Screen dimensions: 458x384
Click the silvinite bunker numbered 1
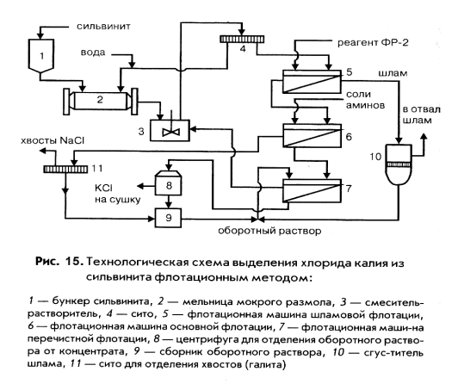[41, 55]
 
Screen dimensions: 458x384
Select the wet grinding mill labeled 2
[101, 101]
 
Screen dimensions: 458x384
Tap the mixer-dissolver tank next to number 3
[170, 130]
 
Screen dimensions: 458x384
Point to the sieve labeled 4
[242, 39]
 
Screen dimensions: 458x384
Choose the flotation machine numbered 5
[312, 82]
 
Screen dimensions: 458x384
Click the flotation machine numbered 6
[312, 135]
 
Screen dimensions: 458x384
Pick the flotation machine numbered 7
[312, 190]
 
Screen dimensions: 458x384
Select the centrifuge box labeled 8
[168, 183]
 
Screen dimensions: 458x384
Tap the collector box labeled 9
[168, 218]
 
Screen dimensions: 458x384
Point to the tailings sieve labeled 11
[65, 169]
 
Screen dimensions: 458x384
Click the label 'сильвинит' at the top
[103, 27]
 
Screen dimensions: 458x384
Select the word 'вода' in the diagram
[93, 53]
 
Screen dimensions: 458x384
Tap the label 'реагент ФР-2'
[373, 43]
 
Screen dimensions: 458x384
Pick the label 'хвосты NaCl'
[53, 140]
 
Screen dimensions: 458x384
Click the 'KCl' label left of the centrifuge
[103, 188]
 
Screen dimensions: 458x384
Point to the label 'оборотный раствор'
[269, 231]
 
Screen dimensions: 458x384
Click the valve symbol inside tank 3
[171, 132]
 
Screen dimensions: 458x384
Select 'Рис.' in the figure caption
[46, 262]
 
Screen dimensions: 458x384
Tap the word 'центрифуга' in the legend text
[206, 340]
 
